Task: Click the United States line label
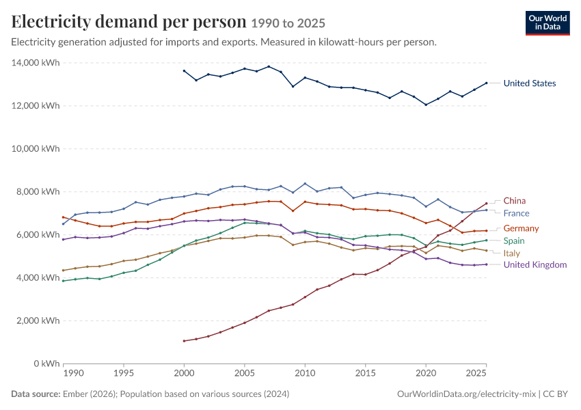click(x=530, y=83)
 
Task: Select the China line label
click(x=514, y=201)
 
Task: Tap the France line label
click(x=516, y=213)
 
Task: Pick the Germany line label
click(x=521, y=228)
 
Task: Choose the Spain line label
click(x=514, y=241)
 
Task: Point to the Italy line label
click(x=512, y=254)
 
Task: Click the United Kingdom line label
click(x=535, y=265)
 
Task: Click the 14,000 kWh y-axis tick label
click(x=36, y=63)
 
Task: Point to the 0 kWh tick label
click(x=46, y=364)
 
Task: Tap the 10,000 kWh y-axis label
click(x=36, y=148)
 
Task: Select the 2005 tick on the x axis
click(x=245, y=373)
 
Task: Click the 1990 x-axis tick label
click(x=73, y=373)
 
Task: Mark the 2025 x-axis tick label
click(x=476, y=373)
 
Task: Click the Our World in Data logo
click(x=548, y=23)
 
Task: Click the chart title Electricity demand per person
click(x=129, y=21)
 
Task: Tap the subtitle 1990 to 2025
click(x=288, y=23)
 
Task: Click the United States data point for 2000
click(x=184, y=71)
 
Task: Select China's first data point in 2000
click(x=184, y=341)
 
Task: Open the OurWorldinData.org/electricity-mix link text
click(x=466, y=394)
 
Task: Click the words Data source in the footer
click(x=36, y=394)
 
